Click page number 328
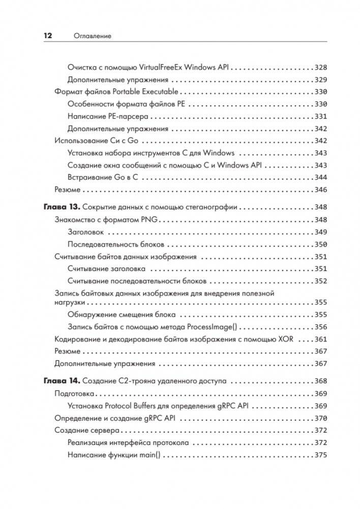coord(320,67)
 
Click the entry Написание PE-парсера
coord(107,116)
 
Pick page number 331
coord(320,116)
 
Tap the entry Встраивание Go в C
coord(104,177)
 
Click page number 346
coord(320,189)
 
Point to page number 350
coord(320,244)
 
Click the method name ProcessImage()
coord(216,327)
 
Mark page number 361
coord(320,339)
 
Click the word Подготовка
coord(75,394)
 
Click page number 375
coord(320,455)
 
